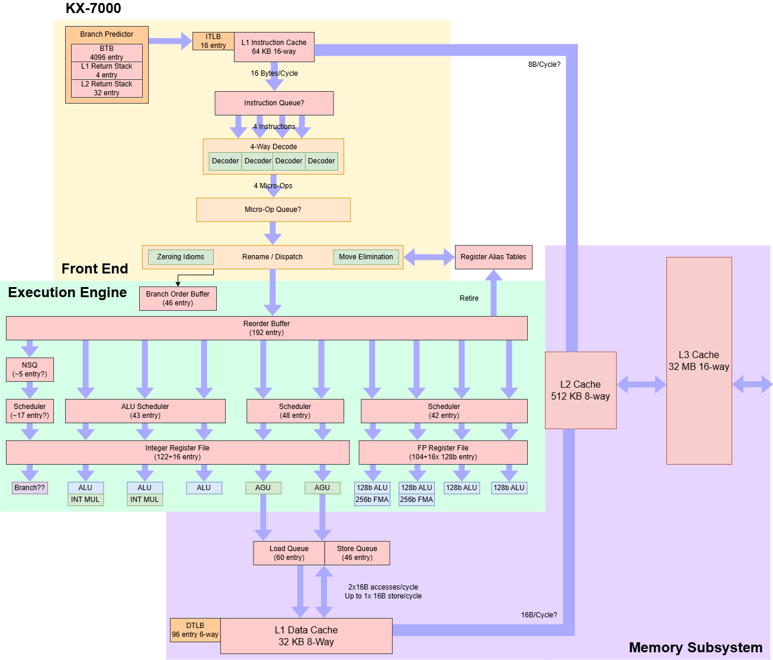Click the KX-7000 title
pyautogui.click(x=93, y=9)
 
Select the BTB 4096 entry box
pyautogui.click(x=107, y=53)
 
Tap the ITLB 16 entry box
pyautogui.click(x=213, y=41)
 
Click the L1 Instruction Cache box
pyautogui.click(x=274, y=47)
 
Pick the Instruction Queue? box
pyautogui.click(x=274, y=103)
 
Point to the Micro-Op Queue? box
pyautogui.click(x=273, y=210)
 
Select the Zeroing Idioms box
pyautogui.click(x=181, y=257)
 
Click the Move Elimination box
pyautogui.click(x=365, y=257)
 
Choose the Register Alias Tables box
pyautogui.click(x=493, y=257)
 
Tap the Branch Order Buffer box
pyautogui.click(x=178, y=298)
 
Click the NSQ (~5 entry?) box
pyautogui.click(x=30, y=369)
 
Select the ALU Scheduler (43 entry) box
pyautogui.click(x=145, y=411)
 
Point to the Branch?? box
pyautogui.click(x=30, y=488)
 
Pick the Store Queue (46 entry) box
pyautogui.click(x=357, y=553)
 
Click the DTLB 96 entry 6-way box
pyautogui.click(x=195, y=630)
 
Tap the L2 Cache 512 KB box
pyautogui.click(x=580, y=390)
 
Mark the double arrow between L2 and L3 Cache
pyautogui.click(x=642, y=385)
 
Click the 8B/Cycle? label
pyautogui.click(x=544, y=65)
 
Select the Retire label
pyautogui.click(x=469, y=298)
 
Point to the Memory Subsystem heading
pyautogui.click(x=695, y=648)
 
